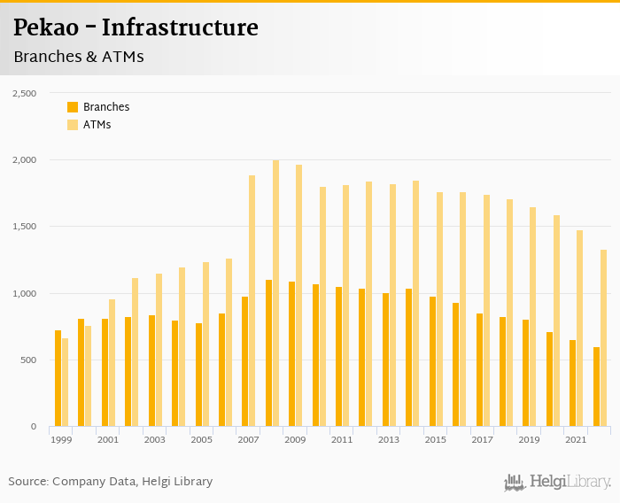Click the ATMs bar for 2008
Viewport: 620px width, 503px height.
pos(275,293)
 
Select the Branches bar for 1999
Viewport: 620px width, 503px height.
pos(58,378)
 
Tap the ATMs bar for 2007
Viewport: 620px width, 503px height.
pos(252,301)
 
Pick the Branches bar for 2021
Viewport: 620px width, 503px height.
pos(572,383)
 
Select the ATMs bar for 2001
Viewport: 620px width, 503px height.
pos(112,363)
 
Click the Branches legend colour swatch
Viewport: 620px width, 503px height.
pos(73,107)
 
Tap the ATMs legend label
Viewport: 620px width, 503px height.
pos(97,125)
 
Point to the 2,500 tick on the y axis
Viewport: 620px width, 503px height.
pos(23,93)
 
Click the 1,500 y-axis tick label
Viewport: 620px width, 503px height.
pos(23,227)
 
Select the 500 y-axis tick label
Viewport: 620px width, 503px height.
pos(27,360)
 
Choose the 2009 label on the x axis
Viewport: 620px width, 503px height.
pos(295,439)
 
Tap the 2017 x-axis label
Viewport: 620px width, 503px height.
pos(482,439)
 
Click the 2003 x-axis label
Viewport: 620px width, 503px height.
pos(154,439)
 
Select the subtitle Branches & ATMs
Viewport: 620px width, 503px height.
pos(79,57)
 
